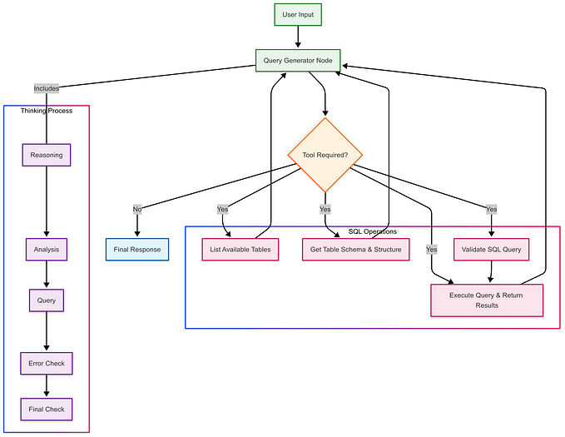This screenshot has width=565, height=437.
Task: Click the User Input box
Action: [298, 15]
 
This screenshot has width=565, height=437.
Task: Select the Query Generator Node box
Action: [298, 59]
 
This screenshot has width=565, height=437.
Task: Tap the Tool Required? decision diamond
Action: [325, 155]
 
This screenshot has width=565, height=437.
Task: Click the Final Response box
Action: [137, 249]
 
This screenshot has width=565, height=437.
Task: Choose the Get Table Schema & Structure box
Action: [355, 249]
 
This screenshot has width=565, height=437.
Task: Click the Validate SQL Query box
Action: [491, 249]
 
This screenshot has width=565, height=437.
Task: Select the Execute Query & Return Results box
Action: [487, 300]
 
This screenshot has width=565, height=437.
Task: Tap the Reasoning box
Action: [47, 155]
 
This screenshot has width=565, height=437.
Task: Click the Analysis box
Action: [47, 249]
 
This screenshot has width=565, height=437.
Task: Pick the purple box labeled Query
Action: [47, 300]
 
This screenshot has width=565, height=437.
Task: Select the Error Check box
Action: [47, 364]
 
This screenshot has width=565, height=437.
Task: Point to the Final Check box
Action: [47, 409]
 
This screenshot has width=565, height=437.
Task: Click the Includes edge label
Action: [47, 87]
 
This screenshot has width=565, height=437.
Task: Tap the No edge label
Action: [137, 209]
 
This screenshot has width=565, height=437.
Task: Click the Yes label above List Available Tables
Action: [223, 209]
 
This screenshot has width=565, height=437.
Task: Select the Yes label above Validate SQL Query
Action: [491, 209]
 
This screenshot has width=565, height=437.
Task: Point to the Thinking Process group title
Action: [47, 111]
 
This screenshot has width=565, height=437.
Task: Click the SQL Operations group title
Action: [372, 231]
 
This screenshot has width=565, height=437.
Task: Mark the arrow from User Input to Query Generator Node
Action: [298, 37]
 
